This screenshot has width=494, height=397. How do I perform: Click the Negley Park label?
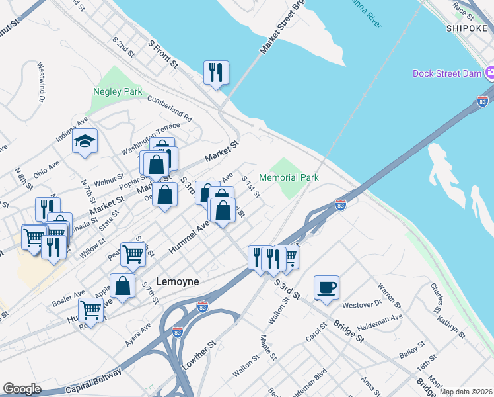[x=118, y=91]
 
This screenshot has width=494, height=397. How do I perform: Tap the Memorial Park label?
[x=289, y=177]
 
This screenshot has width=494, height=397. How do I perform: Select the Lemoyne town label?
[x=177, y=281]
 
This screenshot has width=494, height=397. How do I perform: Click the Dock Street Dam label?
[x=447, y=73]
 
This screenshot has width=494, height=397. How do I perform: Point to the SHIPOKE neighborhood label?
[x=467, y=28]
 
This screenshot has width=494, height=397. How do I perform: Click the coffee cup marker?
[x=326, y=287]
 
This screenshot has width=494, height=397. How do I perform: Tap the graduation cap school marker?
[x=85, y=141]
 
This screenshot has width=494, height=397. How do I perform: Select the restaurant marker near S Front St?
[x=216, y=72]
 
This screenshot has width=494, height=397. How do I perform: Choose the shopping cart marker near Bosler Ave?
[x=90, y=309]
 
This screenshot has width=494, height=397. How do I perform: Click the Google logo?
[x=22, y=389]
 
